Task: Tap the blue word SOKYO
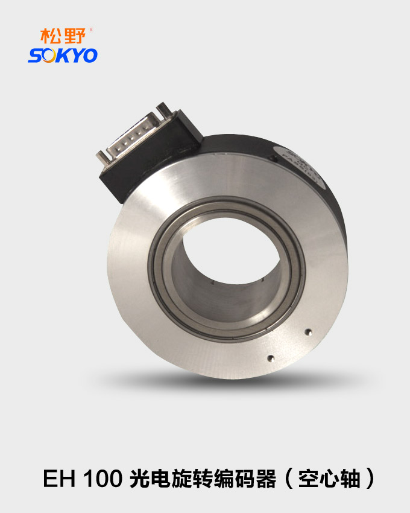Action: pos(62,56)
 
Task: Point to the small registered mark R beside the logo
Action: pos(90,29)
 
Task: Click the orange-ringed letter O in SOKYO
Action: pos(48,56)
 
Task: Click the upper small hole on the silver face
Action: pos(308,331)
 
